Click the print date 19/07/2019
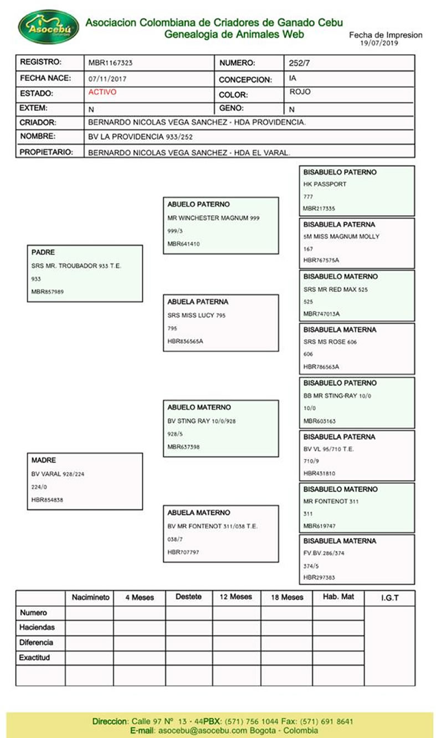coord(379,43)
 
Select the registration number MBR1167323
coord(110,63)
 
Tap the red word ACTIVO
coord(102,92)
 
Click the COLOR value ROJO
coord(300,92)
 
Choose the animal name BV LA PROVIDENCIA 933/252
coord(141,137)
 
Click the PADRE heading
coord(43,253)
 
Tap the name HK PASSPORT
coord(325,185)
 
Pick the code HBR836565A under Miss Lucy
coord(185,342)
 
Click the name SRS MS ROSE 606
coord(330,342)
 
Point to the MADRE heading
coord(44,461)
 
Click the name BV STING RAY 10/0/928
coord(202,421)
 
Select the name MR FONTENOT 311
coord(331,502)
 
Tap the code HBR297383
coord(320,578)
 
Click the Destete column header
coord(188,597)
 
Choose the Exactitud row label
coord(35,658)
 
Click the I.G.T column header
coord(389,598)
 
